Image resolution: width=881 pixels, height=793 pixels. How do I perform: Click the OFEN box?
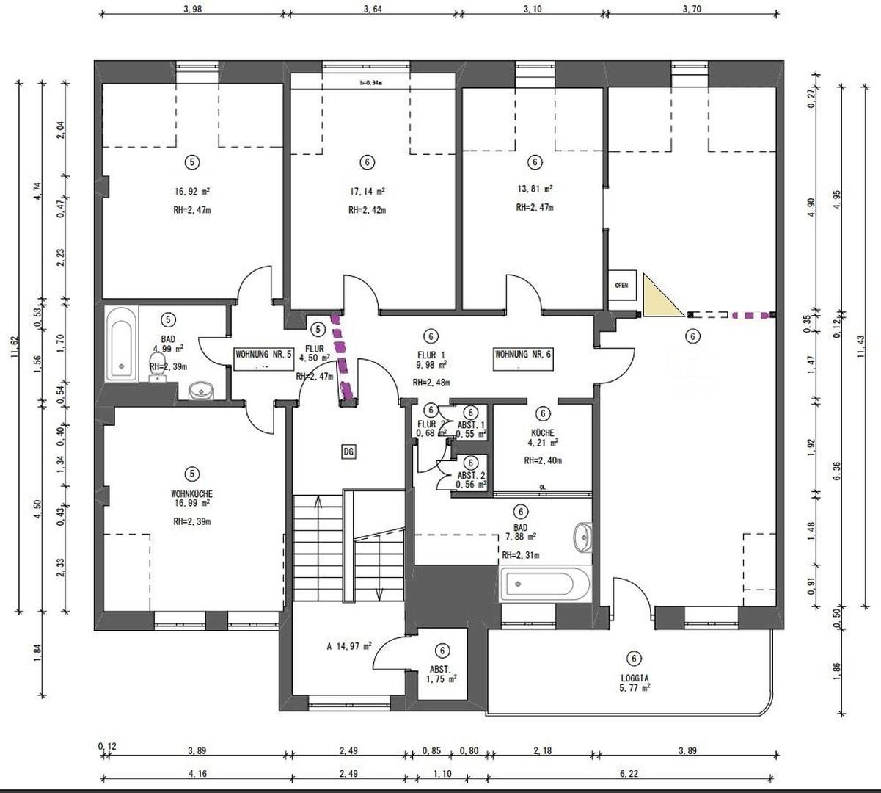pyautogui.click(x=621, y=286)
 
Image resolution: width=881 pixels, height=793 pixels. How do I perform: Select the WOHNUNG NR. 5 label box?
pyautogui.click(x=263, y=355)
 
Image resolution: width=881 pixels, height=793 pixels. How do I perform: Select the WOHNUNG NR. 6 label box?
pyautogui.click(x=523, y=355)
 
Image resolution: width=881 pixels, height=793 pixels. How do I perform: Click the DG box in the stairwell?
pyautogui.click(x=348, y=452)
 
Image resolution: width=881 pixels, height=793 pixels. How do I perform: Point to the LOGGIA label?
pyautogui.click(x=635, y=679)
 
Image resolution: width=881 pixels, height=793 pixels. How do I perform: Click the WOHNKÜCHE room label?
pyautogui.click(x=191, y=494)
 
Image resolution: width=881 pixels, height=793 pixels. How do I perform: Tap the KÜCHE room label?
pyautogui.click(x=543, y=433)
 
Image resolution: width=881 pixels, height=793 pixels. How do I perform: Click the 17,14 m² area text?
pyautogui.click(x=368, y=192)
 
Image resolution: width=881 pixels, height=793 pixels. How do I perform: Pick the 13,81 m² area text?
pyautogui.click(x=535, y=189)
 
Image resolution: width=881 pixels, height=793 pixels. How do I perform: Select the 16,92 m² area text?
pyautogui.click(x=192, y=192)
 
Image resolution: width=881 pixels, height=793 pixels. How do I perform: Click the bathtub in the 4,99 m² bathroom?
pyautogui.click(x=121, y=344)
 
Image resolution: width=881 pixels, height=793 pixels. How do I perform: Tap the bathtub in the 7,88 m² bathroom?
pyautogui.click(x=545, y=584)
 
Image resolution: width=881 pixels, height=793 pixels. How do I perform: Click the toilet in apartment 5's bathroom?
pyautogui.click(x=157, y=374)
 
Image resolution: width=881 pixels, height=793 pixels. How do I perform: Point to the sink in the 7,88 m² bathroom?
pyautogui.click(x=582, y=537)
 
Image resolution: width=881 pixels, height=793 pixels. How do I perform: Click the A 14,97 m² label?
pyautogui.click(x=349, y=647)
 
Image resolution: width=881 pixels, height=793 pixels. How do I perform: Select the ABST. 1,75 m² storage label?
pyautogui.click(x=442, y=675)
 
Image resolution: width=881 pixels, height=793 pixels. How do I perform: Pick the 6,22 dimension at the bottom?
pyautogui.click(x=628, y=773)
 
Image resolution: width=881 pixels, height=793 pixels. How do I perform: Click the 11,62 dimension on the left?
pyautogui.click(x=13, y=346)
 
